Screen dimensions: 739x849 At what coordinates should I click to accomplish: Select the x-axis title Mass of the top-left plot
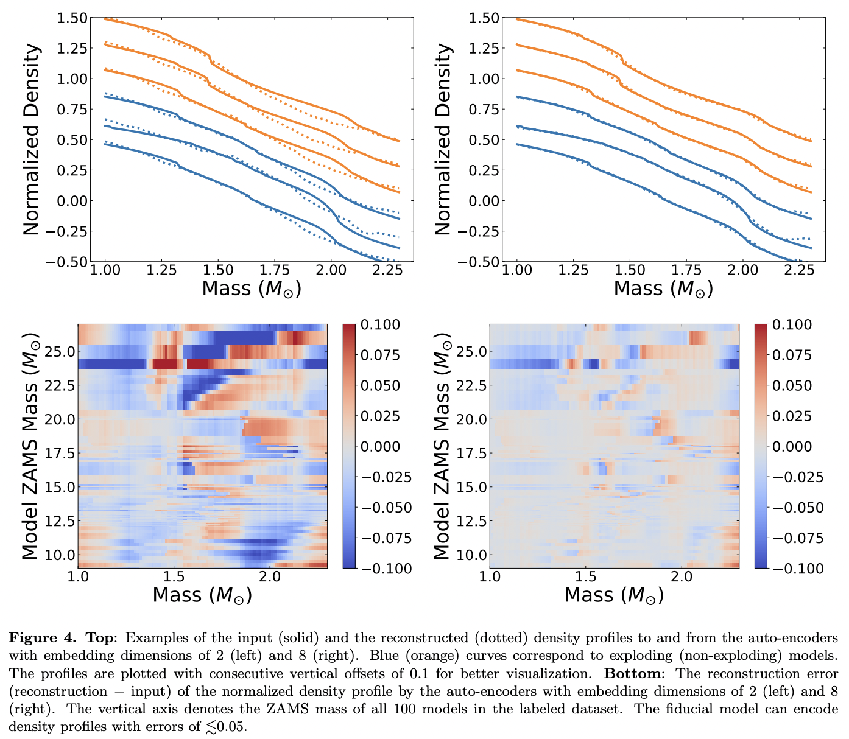pos(252,289)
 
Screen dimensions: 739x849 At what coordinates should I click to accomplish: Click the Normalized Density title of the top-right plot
pos(443,139)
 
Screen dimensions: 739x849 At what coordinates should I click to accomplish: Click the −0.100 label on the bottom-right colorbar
pos(791,569)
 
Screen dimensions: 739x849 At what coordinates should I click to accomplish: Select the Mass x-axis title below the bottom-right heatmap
pos(614,595)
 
